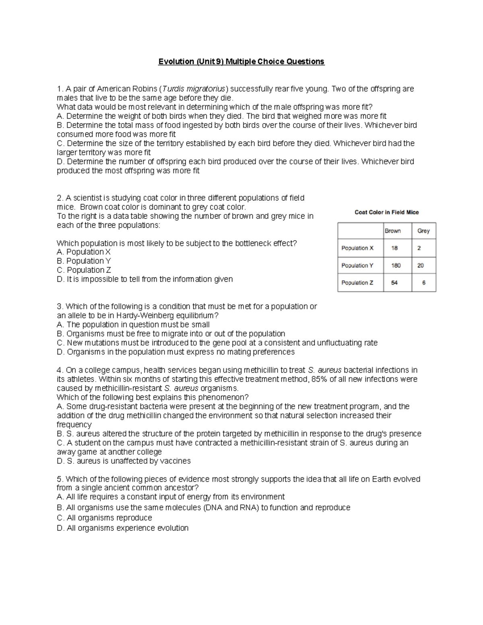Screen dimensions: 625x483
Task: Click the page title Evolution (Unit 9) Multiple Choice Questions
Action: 241,62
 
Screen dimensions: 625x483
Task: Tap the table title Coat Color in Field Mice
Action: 386,212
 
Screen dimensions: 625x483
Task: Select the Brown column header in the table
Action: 392,231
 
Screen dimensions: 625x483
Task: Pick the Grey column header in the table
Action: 423,231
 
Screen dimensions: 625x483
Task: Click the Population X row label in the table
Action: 357,248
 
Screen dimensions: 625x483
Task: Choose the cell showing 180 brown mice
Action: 395,265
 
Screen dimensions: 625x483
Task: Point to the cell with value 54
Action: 394,283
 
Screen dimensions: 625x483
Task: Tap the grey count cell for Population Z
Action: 423,283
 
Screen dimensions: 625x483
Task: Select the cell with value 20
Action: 420,265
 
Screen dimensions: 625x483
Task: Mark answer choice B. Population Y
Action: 84,261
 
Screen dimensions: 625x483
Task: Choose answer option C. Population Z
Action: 84,270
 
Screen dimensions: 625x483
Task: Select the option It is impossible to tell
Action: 144,279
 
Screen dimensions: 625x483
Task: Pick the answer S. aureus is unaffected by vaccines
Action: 124,461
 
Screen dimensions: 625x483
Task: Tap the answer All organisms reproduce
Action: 104,518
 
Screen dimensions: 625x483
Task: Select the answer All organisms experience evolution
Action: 122,528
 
